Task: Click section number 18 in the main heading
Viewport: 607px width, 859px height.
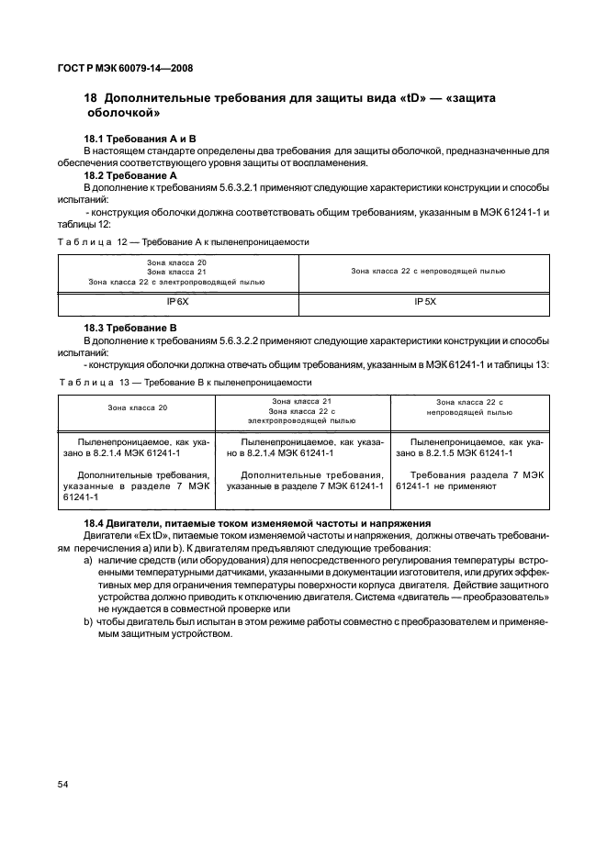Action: point(90,98)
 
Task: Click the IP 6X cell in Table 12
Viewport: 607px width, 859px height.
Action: point(178,302)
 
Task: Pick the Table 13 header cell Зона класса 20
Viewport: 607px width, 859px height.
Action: point(137,407)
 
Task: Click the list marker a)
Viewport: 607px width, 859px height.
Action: point(88,559)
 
